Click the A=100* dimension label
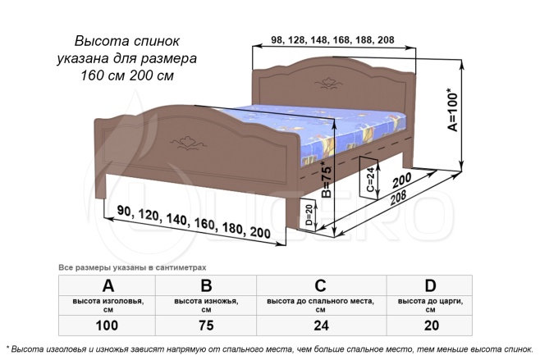click(452, 110)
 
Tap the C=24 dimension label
click(370, 180)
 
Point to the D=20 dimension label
click(309, 215)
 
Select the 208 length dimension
click(398, 198)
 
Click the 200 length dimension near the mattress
click(401, 180)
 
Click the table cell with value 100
click(107, 326)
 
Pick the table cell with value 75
click(206, 326)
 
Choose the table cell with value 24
click(321, 326)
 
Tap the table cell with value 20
click(431, 326)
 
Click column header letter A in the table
click(108, 285)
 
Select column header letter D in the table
click(431, 285)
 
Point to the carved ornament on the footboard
click(189, 143)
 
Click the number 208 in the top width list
click(386, 40)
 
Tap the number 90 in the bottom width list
click(125, 211)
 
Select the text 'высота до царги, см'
click(431, 305)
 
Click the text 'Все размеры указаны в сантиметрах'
click(132, 267)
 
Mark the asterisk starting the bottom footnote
click(8, 348)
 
